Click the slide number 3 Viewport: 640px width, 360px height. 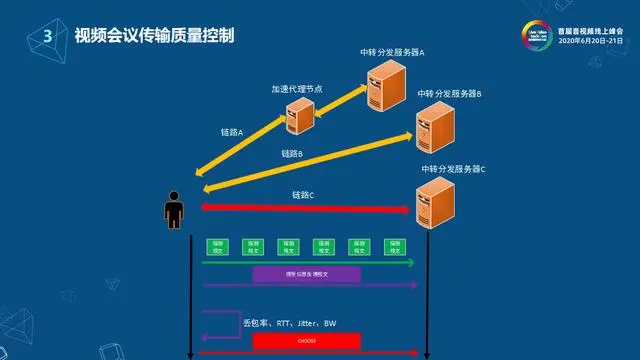pos(46,36)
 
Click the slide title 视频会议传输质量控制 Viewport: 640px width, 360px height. pos(154,36)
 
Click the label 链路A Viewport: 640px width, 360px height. pos(232,132)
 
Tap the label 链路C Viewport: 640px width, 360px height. pos(303,194)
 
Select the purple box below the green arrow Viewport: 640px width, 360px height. pos(306,274)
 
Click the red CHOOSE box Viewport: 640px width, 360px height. pos(306,341)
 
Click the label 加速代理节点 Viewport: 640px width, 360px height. pos(296,88)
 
